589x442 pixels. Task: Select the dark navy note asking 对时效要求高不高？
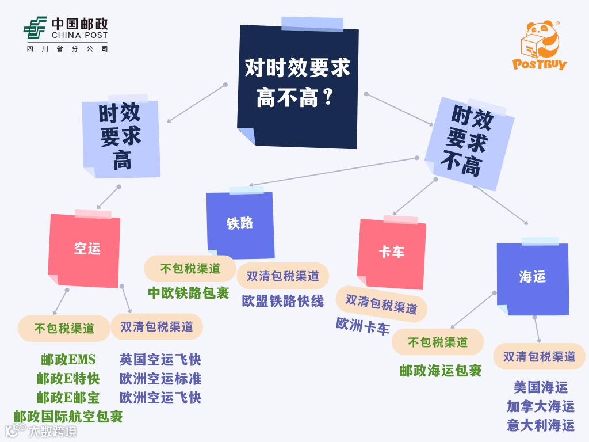(x=297, y=85)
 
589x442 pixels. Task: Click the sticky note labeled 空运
(x=86, y=249)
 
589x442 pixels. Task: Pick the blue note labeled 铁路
(x=240, y=224)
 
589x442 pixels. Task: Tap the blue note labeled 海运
(x=532, y=277)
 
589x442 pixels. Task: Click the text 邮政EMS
(x=68, y=360)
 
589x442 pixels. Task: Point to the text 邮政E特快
(x=68, y=379)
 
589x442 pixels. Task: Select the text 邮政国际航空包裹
(x=68, y=416)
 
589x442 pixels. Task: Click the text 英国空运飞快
(x=160, y=360)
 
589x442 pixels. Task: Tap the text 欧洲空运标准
(x=160, y=379)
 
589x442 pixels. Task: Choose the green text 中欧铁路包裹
(x=189, y=293)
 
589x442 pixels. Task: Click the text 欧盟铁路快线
(x=282, y=301)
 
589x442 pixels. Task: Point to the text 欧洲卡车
(x=363, y=326)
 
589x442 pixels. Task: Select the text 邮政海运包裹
(x=441, y=371)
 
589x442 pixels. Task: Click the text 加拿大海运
(x=541, y=406)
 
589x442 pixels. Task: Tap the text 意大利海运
(x=541, y=425)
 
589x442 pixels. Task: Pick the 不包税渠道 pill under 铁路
(x=190, y=269)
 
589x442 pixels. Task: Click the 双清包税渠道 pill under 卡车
(x=381, y=303)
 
